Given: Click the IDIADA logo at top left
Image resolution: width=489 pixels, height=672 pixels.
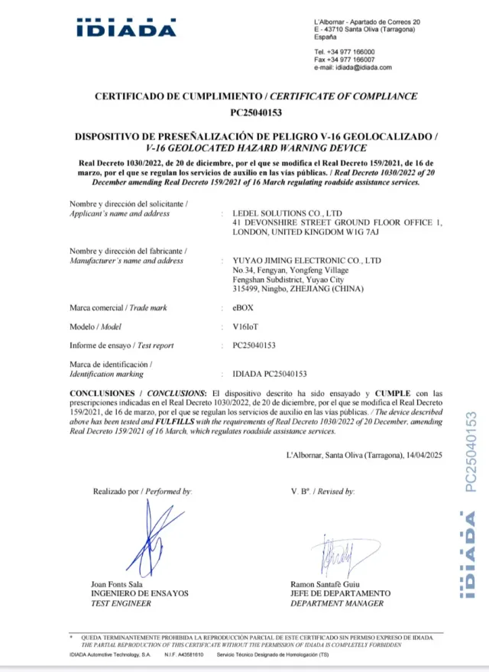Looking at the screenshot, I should [x=126, y=28].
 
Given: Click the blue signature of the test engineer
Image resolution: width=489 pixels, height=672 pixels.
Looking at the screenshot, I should [x=157, y=538].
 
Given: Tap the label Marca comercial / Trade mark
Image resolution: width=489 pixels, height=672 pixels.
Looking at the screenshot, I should [x=118, y=307].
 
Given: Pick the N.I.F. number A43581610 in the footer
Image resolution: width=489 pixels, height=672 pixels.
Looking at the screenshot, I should [x=189, y=656].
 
